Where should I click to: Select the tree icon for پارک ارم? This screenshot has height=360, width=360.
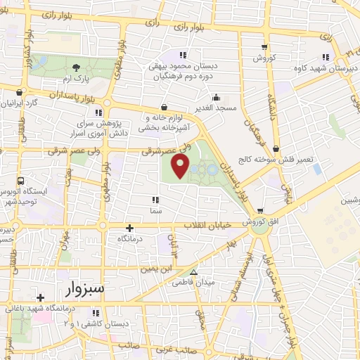click(x=76, y=67)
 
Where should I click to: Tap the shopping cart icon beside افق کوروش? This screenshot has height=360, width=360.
click(x=260, y=210)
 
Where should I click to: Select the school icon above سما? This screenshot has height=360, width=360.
click(x=153, y=200)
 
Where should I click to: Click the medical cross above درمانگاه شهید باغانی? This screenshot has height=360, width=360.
click(x=41, y=297)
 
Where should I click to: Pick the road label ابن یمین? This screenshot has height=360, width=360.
click(x=155, y=268)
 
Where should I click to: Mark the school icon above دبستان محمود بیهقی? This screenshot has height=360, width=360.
click(x=183, y=55)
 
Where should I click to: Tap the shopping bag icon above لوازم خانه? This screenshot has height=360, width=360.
click(x=163, y=108)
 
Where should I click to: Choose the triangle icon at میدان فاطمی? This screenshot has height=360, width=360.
click(x=193, y=273)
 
